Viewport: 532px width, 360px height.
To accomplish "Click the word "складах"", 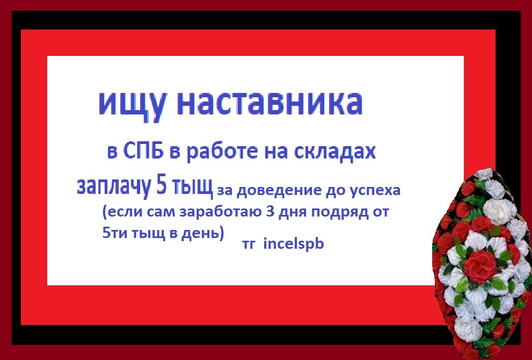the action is click(334, 152).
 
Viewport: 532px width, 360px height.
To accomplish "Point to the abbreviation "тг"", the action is click(249, 245).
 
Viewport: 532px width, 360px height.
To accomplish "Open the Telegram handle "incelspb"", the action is click(294, 244).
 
